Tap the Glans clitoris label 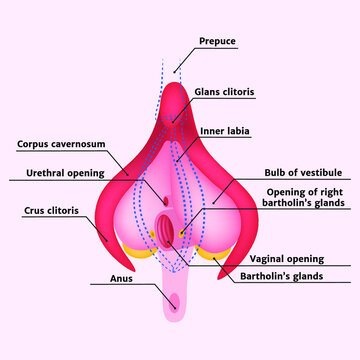(224, 91)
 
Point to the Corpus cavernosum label (60, 144)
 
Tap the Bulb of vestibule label (297, 171)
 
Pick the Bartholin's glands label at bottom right (296, 275)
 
